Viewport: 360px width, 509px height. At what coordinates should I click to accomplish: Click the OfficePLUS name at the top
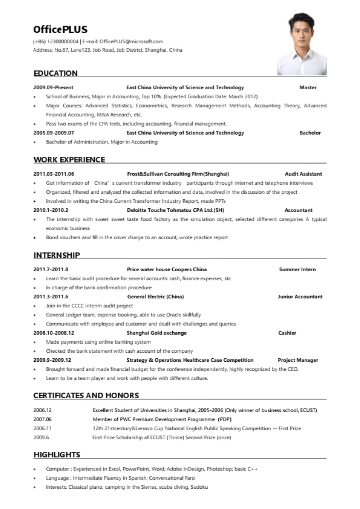pos(60,29)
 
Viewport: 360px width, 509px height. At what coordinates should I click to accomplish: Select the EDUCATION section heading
pos(56,73)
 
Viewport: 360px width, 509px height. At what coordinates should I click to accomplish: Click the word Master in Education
pos(308,88)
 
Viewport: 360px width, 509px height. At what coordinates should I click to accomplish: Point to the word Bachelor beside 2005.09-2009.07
pos(310,133)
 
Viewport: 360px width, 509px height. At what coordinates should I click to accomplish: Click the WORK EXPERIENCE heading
pos(69,160)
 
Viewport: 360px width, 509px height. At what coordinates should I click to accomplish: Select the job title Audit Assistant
pos(303,174)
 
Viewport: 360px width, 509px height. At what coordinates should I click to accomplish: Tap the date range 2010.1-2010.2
pos(51,210)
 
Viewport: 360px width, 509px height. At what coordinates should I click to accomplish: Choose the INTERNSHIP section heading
pos(57,255)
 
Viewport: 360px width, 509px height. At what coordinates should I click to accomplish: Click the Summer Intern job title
pos(297,270)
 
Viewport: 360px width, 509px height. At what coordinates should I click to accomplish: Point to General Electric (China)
pos(155,297)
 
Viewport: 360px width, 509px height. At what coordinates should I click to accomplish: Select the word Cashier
pos(287,333)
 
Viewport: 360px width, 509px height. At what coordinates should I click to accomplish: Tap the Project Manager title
pos(298,360)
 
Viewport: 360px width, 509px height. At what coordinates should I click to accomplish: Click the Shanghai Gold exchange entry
pos(156,333)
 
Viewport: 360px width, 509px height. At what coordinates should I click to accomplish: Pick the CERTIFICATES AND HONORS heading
pos(86,395)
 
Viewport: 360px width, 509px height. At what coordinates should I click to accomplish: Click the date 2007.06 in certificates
pos(42,419)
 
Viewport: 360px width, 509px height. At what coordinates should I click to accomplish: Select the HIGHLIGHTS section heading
pos(57,455)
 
